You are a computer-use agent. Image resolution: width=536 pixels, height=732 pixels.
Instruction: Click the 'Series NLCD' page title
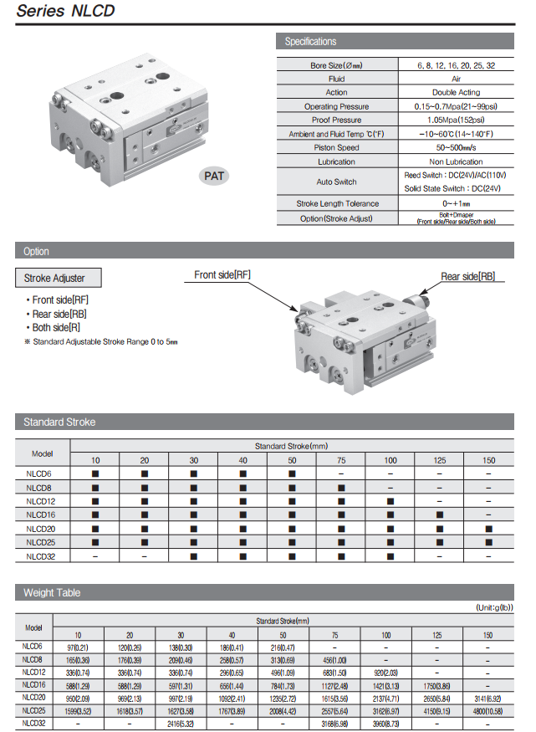click(x=66, y=11)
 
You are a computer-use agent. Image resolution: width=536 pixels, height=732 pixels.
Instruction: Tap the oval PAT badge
click(x=215, y=176)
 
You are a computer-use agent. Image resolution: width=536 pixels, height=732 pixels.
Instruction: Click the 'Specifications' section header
click(x=310, y=41)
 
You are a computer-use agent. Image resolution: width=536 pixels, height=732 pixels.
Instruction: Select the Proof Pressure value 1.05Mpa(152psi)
click(x=456, y=120)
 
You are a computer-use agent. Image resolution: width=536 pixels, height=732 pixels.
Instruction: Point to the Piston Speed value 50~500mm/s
click(x=456, y=147)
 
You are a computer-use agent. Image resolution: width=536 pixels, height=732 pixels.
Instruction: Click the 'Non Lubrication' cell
click(x=456, y=161)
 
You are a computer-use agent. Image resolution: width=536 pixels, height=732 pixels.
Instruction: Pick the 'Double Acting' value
click(x=456, y=92)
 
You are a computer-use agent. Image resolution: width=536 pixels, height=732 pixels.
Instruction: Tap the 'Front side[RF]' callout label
click(x=222, y=274)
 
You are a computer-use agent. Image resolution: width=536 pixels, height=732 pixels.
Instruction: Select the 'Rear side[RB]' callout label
click(x=468, y=276)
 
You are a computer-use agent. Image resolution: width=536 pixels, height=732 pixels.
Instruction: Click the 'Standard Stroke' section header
click(x=59, y=422)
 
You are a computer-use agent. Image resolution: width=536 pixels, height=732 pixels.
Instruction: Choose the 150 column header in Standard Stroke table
click(x=488, y=460)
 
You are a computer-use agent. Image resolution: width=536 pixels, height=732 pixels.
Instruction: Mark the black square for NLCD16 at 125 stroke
click(x=439, y=514)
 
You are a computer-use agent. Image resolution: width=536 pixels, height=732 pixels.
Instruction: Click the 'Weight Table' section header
click(x=52, y=592)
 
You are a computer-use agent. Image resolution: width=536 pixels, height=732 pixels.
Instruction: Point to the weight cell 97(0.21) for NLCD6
click(x=78, y=648)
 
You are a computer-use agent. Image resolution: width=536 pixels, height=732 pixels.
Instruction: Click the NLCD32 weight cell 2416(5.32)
click(x=181, y=722)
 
